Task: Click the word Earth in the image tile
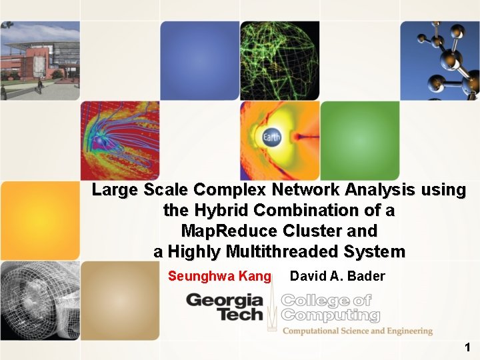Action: [x=271, y=138]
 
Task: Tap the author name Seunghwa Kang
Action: [x=219, y=276]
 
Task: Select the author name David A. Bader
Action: [x=337, y=276]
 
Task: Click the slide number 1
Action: [x=467, y=347]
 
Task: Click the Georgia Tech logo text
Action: [x=225, y=307]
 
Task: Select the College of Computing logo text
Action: [x=330, y=308]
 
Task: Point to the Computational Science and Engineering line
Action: [x=357, y=331]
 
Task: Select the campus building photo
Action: [x=39, y=60]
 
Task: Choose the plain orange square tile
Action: [x=39, y=220]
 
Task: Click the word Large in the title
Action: [x=114, y=190]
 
